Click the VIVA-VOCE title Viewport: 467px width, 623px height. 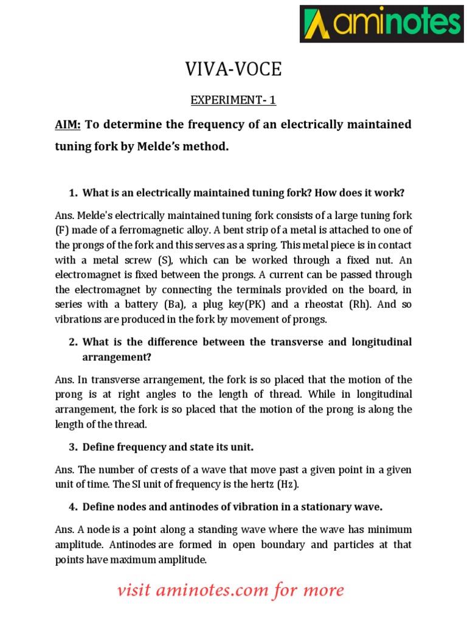(x=233, y=70)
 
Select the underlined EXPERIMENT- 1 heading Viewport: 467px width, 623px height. (x=233, y=99)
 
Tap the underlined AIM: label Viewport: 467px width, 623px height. (x=68, y=125)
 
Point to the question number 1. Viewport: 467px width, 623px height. (x=73, y=193)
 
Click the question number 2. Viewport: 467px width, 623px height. (x=73, y=342)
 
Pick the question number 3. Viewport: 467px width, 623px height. (x=73, y=447)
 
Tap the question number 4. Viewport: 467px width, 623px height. (x=73, y=506)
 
